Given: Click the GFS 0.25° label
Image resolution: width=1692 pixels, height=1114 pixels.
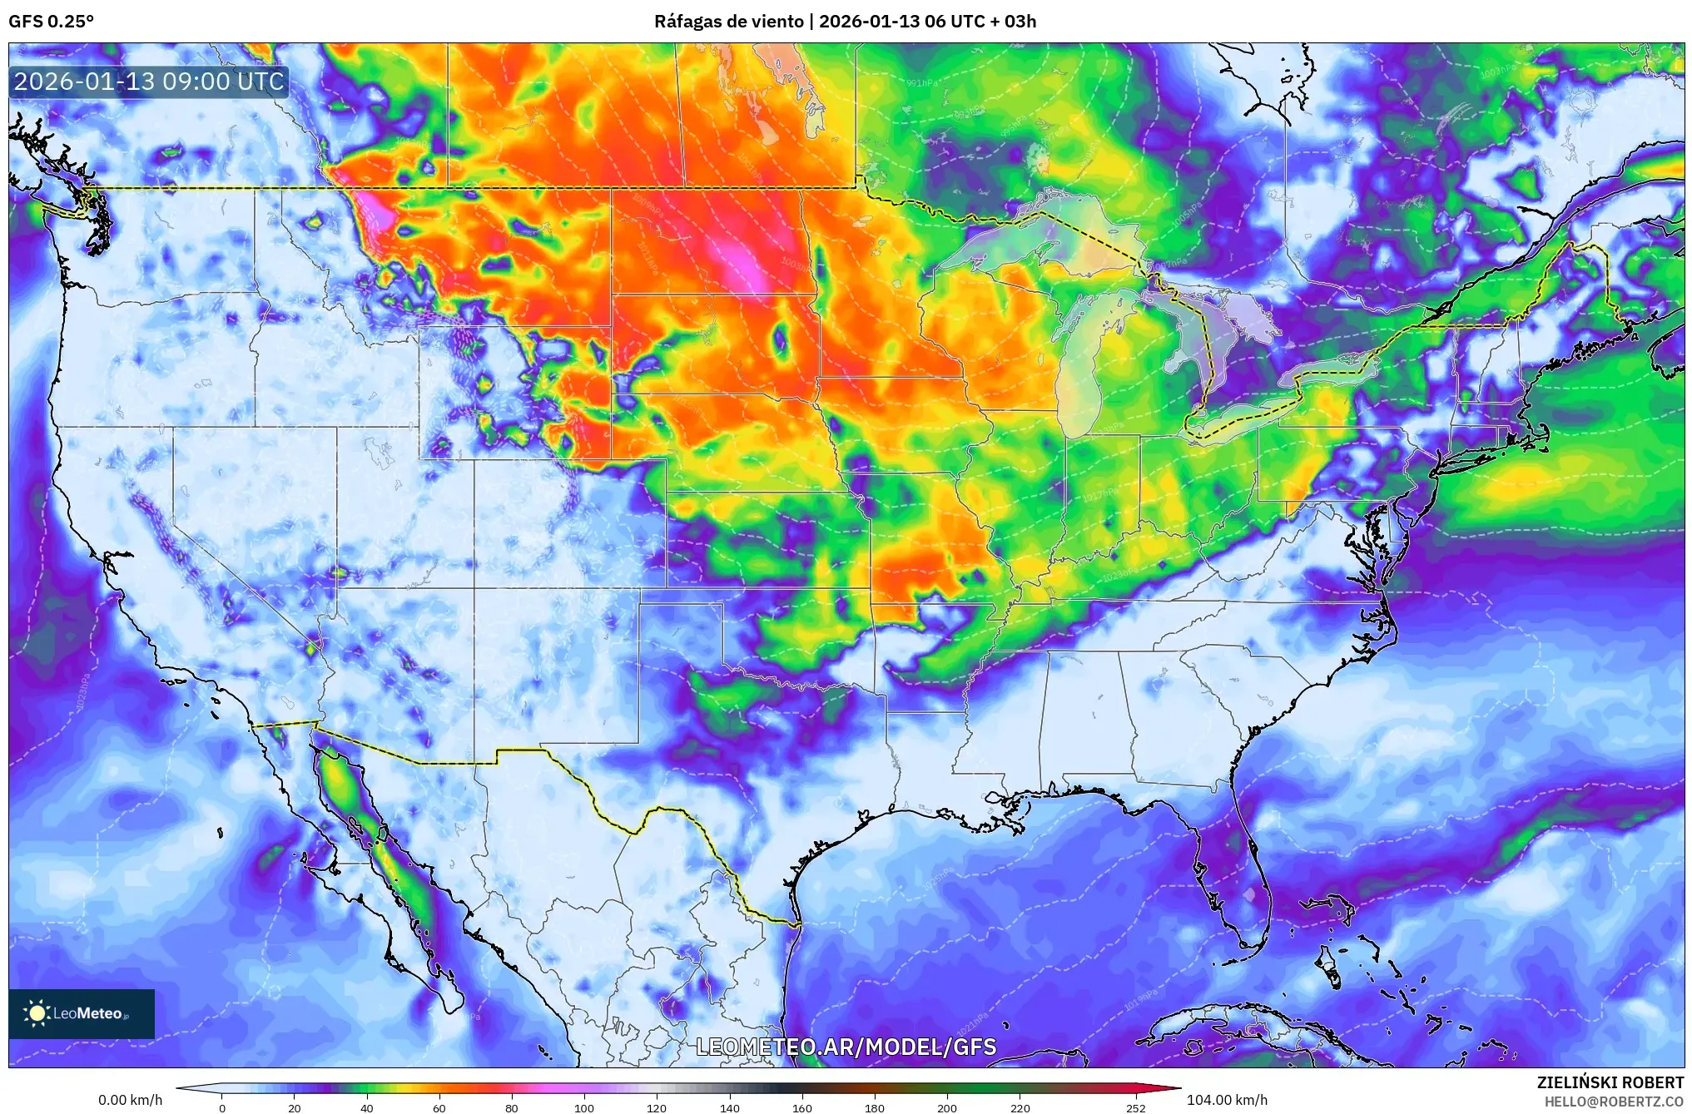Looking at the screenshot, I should (51, 22).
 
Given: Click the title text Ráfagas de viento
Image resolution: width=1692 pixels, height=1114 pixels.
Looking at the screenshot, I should (729, 22).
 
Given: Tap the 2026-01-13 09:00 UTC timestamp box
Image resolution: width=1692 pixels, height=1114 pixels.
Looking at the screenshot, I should (149, 82).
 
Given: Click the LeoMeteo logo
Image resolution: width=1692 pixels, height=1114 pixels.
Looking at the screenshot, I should (82, 1013).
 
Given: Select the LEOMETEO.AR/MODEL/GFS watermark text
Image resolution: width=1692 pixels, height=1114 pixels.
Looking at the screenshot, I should (846, 1047).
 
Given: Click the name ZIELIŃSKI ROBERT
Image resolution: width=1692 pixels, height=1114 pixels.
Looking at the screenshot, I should (1610, 1082).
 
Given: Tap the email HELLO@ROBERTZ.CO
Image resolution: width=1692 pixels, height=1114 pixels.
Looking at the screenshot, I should (1614, 1102).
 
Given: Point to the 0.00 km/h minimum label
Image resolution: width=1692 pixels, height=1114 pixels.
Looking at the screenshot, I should (130, 1100).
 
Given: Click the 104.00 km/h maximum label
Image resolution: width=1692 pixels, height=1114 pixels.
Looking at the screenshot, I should (1227, 1100).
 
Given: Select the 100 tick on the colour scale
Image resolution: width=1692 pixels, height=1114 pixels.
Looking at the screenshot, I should (584, 1108).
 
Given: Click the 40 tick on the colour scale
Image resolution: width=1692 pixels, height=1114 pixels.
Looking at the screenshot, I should (367, 1108).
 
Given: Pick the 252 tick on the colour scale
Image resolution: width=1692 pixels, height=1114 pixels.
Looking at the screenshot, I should (1136, 1108).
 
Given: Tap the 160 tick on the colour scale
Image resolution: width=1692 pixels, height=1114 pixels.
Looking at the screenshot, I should (802, 1108).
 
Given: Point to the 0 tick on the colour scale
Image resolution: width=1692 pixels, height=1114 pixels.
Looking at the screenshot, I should (222, 1108).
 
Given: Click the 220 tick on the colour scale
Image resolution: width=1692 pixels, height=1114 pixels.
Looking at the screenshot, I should (1020, 1108).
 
